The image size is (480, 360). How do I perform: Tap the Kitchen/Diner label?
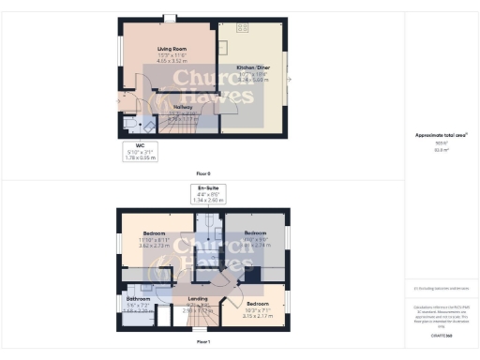click(254, 68)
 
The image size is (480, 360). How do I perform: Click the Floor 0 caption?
click(203, 173)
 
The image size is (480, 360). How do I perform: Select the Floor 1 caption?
click(203, 341)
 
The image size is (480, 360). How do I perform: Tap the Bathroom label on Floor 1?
click(138, 299)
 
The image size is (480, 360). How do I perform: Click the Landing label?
click(198, 299)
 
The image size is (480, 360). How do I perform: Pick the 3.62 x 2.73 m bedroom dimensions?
click(155, 245)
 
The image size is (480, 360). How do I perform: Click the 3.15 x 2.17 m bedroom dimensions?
click(258, 316)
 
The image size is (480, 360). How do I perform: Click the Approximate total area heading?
click(442, 135)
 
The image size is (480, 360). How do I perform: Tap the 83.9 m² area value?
click(441, 149)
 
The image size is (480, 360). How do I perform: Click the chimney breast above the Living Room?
click(170, 18)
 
